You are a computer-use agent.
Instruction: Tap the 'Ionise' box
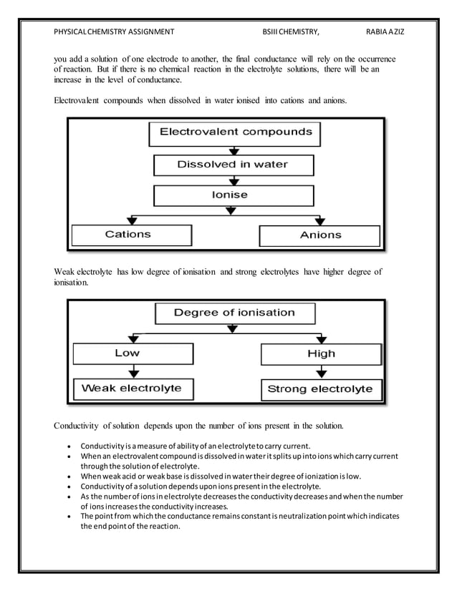[x=230, y=195]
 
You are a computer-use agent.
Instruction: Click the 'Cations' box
[x=129, y=235]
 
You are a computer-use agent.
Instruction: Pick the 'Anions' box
[x=319, y=235]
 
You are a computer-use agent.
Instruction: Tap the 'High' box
[x=320, y=354]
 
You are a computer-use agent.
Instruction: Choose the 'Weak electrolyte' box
[x=132, y=389]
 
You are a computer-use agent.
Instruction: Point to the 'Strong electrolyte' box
[x=319, y=390]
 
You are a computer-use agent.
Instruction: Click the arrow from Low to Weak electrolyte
[x=132, y=371]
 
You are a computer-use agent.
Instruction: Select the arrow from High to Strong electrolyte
[x=320, y=371]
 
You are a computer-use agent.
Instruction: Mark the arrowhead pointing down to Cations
[x=129, y=220]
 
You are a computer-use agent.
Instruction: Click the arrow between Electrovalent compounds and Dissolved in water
[x=231, y=150]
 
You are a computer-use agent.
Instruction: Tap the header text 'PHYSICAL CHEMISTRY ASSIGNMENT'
[x=114, y=32]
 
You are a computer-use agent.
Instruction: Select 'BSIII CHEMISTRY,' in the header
[x=291, y=32]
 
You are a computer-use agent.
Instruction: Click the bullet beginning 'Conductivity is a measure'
[x=195, y=446]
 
